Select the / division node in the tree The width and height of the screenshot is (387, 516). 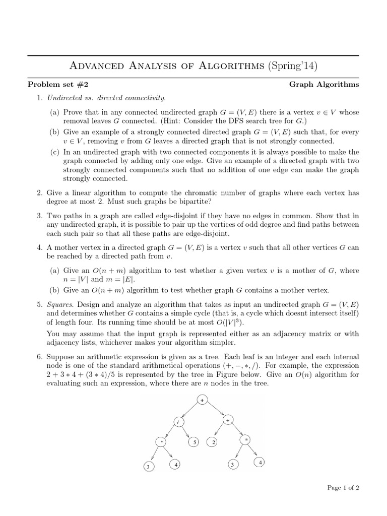(x=177, y=421)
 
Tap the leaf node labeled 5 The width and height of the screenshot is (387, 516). (x=194, y=442)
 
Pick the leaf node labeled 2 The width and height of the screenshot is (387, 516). (x=214, y=442)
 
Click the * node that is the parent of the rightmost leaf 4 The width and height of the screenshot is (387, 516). (x=247, y=440)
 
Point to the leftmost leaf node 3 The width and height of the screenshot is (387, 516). (x=148, y=467)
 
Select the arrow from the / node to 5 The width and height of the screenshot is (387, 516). (x=186, y=432)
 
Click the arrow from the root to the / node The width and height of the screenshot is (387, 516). (x=189, y=410)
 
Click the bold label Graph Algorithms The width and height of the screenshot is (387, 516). (x=324, y=84)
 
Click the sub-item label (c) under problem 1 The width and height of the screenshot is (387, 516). (x=54, y=152)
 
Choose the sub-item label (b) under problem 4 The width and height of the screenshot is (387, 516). (x=54, y=290)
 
